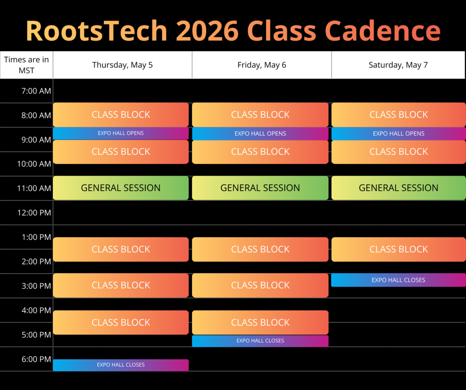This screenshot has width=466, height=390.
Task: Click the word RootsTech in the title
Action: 97,31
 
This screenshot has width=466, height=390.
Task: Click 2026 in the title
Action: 207,31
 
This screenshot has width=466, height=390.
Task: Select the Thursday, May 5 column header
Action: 123,65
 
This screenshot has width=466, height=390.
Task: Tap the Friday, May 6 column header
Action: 262,65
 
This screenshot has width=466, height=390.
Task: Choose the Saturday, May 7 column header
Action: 398,65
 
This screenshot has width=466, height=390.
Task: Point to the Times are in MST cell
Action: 26,65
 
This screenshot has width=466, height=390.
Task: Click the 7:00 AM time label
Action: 36,91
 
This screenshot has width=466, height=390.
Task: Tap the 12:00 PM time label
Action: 34,212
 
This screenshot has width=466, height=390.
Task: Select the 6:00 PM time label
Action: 37,359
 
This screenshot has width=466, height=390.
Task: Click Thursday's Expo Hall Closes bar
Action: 121,365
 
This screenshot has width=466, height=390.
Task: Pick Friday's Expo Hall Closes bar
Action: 260,341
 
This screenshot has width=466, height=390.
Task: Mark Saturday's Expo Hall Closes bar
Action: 398,280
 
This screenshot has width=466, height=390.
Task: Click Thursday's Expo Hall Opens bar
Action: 121,133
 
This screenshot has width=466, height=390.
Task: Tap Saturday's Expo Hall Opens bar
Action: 398,133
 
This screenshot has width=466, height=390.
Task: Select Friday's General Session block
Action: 260,188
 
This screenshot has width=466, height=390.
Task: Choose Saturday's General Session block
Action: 398,188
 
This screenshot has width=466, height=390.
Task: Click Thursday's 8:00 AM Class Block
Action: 121,115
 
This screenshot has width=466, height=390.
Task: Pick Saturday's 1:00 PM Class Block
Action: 398,249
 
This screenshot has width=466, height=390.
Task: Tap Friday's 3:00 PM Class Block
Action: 260,285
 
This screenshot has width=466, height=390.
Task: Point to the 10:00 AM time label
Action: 34,164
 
